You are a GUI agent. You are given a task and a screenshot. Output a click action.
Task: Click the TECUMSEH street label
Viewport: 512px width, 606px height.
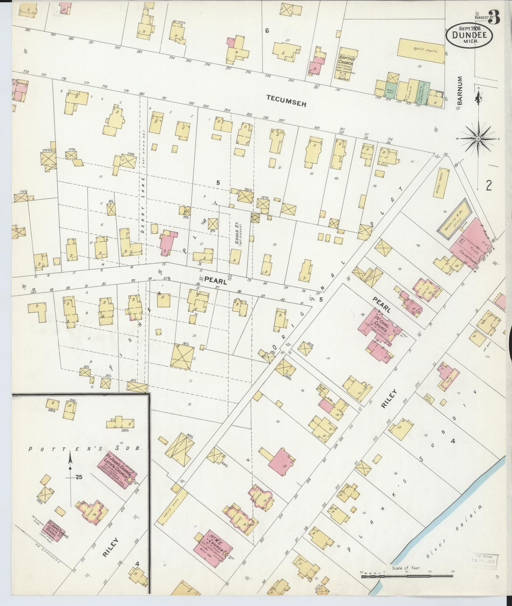pyautogui.click(x=286, y=101)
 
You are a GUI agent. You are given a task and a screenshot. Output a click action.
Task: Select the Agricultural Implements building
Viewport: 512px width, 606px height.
pyautogui.click(x=423, y=48)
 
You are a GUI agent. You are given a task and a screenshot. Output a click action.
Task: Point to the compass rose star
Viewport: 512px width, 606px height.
pyautogui.click(x=478, y=138)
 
